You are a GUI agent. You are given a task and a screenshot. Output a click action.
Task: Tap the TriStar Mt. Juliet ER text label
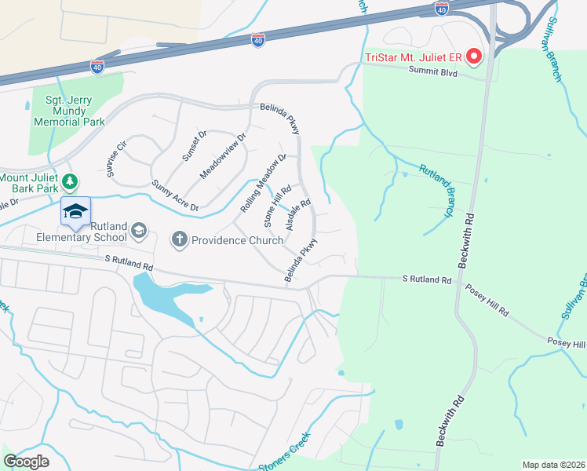[x=414, y=57]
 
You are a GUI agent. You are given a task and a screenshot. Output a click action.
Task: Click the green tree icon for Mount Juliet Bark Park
[x=71, y=182]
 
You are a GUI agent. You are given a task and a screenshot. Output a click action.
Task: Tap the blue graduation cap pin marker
[x=76, y=212]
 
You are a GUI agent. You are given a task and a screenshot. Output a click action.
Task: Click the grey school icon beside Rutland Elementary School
[x=139, y=230]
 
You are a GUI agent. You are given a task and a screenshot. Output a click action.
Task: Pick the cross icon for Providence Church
[x=180, y=239]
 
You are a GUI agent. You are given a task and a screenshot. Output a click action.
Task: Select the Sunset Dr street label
[x=194, y=147]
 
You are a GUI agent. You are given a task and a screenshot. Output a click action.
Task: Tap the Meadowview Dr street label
[x=224, y=155]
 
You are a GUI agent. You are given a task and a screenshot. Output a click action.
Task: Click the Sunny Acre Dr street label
[x=175, y=195]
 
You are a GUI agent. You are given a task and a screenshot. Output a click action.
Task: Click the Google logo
[x=26, y=462]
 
